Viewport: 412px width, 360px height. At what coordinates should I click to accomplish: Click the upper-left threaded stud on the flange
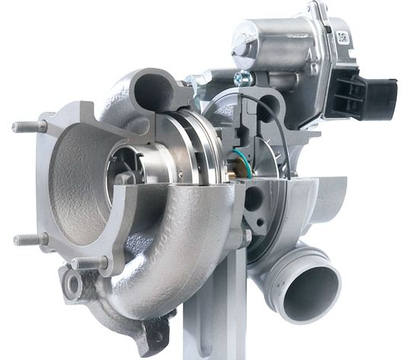click(27, 126)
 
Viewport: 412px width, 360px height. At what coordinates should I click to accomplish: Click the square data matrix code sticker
click(342, 37)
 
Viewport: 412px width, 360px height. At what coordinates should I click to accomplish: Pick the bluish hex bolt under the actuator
click(243, 78)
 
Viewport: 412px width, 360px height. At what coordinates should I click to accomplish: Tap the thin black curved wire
click(283, 133)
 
